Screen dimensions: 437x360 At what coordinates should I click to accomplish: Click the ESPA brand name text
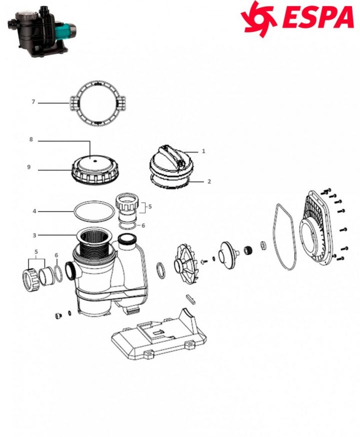coord(318,18)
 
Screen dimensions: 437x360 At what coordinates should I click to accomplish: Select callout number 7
coord(33,102)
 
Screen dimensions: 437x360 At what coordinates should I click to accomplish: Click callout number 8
coord(31,140)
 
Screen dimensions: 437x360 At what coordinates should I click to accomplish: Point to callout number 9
coord(29,167)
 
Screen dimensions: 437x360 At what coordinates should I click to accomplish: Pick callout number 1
coord(204,150)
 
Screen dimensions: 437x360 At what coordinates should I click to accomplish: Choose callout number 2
coord(209,181)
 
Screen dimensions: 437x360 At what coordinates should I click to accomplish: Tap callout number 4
coord(34,211)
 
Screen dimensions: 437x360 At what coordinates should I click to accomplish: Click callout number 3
coord(34,234)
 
